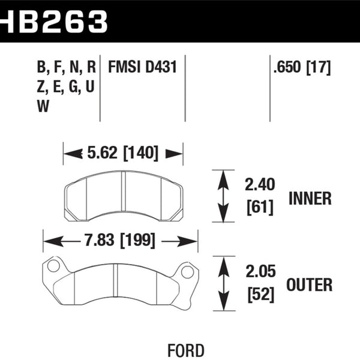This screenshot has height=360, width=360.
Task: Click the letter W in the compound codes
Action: click(x=43, y=106)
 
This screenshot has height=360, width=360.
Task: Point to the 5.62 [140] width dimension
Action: click(x=123, y=154)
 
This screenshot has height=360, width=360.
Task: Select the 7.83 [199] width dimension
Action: click(x=120, y=242)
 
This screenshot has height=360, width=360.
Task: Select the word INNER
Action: click(x=310, y=199)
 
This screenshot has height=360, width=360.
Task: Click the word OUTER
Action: click(x=310, y=284)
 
